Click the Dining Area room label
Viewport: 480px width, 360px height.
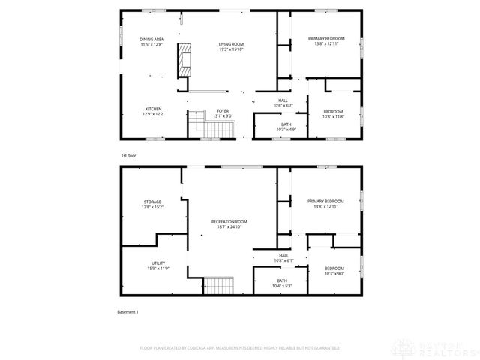(152, 42)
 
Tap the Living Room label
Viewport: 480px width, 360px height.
(231, 47)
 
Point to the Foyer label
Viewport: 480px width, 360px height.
(223, 113)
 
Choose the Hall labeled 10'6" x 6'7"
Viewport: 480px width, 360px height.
(283, 103)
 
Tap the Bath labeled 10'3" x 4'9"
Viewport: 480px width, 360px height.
(286, 127)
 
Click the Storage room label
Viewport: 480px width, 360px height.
(152, 205)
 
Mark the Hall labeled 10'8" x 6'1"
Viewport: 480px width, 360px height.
(283, 258)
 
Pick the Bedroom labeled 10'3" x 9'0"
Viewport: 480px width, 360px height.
(334, 271)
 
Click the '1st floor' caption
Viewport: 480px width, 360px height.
(128, 155)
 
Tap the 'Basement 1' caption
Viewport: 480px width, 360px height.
(128, 311)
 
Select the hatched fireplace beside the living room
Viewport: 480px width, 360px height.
(184, 60)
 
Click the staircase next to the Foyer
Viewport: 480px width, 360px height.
(196, 122)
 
